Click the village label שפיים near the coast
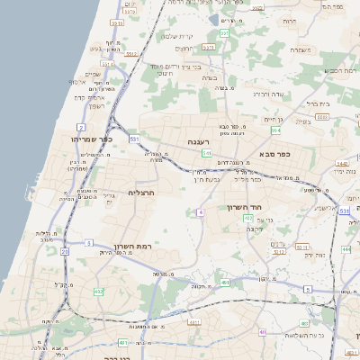(93, 74)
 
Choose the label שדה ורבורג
(268, 93)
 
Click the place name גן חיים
(274, 119)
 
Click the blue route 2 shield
(82, 128)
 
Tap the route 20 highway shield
(65, 252)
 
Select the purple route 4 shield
(202, 211)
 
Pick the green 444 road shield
(346, 248)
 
